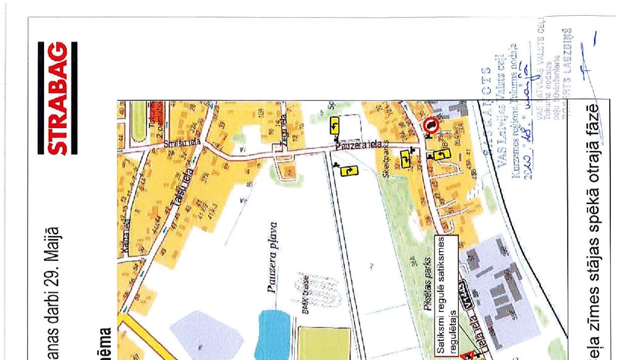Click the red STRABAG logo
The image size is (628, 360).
tap(58, 98)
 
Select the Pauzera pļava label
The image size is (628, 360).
tap(273, 257)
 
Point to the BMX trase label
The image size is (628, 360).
tap(306, 294)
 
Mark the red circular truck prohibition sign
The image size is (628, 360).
tap(432, 125)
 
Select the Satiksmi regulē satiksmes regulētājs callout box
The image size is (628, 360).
tap(446, 295)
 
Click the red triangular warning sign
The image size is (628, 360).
tap(468, 356)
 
